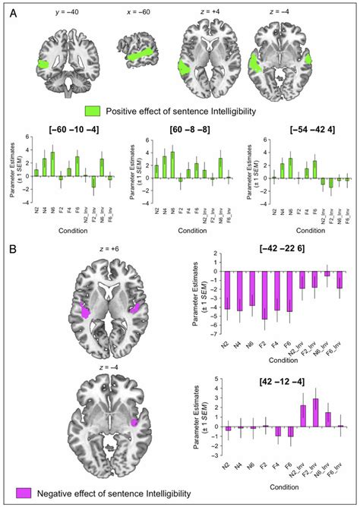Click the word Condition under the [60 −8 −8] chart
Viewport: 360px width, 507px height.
[x=185, y=232]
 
